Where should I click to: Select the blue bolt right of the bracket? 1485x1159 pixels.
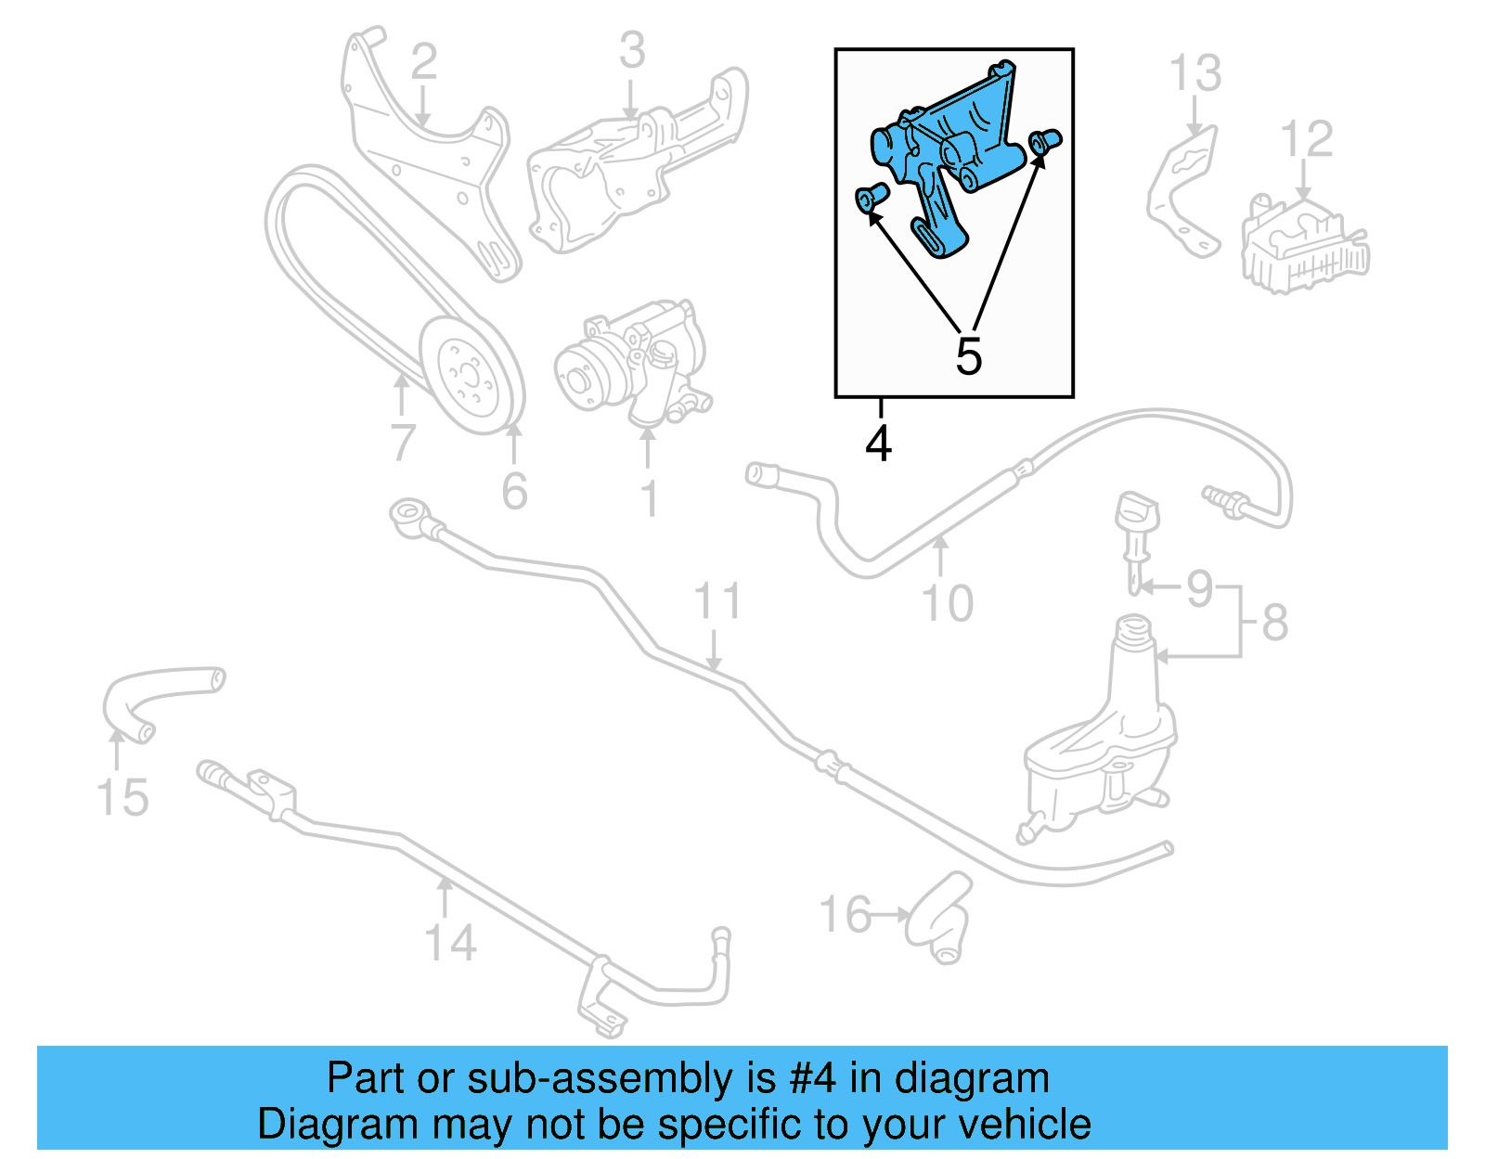pyautogui.click(x=1046, y=141)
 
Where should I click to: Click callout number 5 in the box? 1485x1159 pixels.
pyautogui.click(x=968, y=357)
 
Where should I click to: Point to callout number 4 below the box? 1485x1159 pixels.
pyautogui.click(x=878, y=444)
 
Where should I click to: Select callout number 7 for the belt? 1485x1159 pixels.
pyautogui.click(x=402, y=443)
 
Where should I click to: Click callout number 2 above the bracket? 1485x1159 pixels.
pyautogui.click(x=423, y=61)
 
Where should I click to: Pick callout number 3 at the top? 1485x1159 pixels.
pyautogui.click(x=632, y=51)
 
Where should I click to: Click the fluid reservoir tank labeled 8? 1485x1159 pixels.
pyautogui.click(x=1100, y=742)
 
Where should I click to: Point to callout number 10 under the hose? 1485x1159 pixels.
pyautogui.click(x=947, y=603)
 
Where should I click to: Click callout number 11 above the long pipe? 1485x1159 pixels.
pyautogui.click(x=717, y=601)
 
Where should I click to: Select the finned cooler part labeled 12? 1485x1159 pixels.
pyautogui.click(x=1304, y=246)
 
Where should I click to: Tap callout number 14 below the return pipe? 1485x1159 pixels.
pyautogui.click(x=450, y=943)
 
